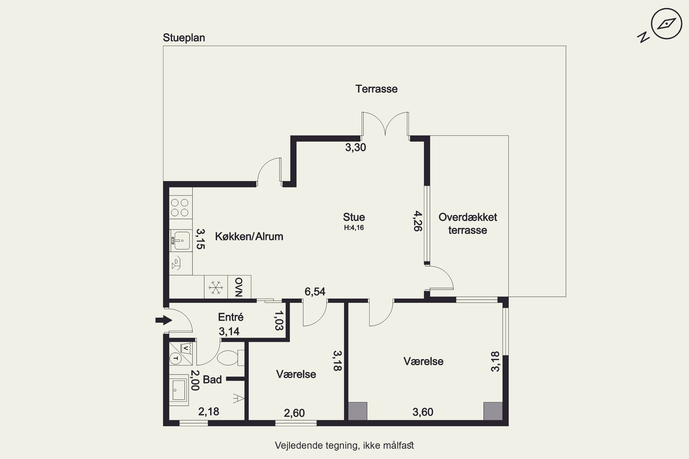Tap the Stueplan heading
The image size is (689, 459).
(x=184, y=38)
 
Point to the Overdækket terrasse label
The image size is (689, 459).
(x=468, y=224)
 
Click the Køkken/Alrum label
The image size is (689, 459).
(x=249, y=236)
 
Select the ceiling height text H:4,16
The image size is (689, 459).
(x=354, y=227)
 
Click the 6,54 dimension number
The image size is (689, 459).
(x=315, y=291)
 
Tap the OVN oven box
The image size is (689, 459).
(x=239, y=287)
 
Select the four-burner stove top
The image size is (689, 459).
(x=180, y=207)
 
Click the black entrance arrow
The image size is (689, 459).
(x=164, y=320)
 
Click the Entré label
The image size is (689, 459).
(x=231, y=317)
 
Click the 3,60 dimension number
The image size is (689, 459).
(x=423, y=412)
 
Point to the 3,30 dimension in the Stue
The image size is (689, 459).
(x=355, y=147)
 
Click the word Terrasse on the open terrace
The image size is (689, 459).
(x=376, y=89)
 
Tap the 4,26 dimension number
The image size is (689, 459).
(x=418, y=221)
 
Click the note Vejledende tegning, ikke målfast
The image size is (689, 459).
(x=344, y=445)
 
